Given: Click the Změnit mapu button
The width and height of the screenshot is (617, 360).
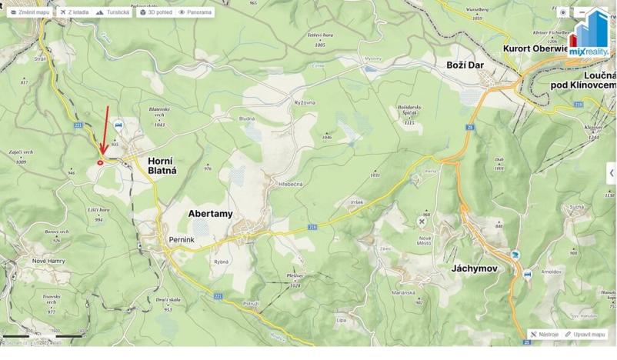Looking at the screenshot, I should (x=30, y=12).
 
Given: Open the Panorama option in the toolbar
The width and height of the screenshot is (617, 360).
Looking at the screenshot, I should (x=195, y=12).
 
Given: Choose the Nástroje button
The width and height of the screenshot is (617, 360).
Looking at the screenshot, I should (x=545, y=335).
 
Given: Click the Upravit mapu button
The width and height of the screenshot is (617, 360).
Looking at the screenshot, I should (x=585, y=335).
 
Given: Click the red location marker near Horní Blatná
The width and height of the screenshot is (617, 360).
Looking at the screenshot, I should (x=101, y=162).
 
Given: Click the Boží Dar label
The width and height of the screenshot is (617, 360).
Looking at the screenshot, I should (x=465, y=65).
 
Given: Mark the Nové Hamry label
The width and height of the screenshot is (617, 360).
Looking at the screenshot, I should (x=49, y=260).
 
